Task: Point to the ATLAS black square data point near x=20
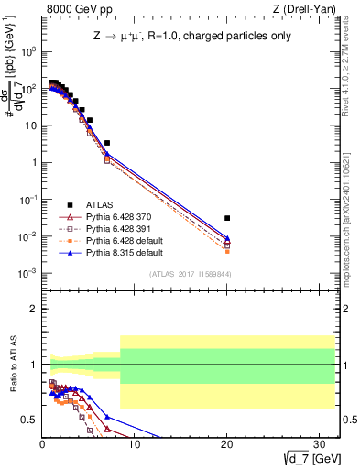(227, 218)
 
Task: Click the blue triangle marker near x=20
(227, 238)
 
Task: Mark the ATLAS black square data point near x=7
(107, 143)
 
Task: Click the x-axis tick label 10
(135, 444)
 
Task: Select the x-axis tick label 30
(320, 444)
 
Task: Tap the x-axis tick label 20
(227, 444)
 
